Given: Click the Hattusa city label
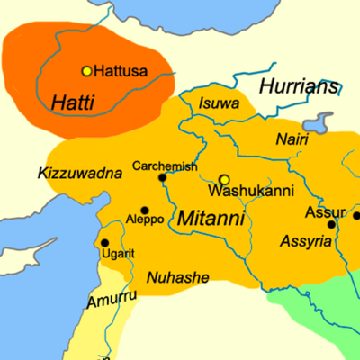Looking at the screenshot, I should tap(121, 71).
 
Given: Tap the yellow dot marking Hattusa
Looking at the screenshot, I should tap(87, 70).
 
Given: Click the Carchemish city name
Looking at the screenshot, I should tap(163, 166).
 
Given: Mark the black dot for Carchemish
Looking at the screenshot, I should tap(163, 178).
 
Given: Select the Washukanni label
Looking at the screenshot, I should tap(239, 192).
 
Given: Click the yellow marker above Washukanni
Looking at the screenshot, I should tap(225, 179).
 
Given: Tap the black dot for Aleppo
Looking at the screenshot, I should tap(144, 209).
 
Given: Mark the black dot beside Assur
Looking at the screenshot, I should tap(331, 224).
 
